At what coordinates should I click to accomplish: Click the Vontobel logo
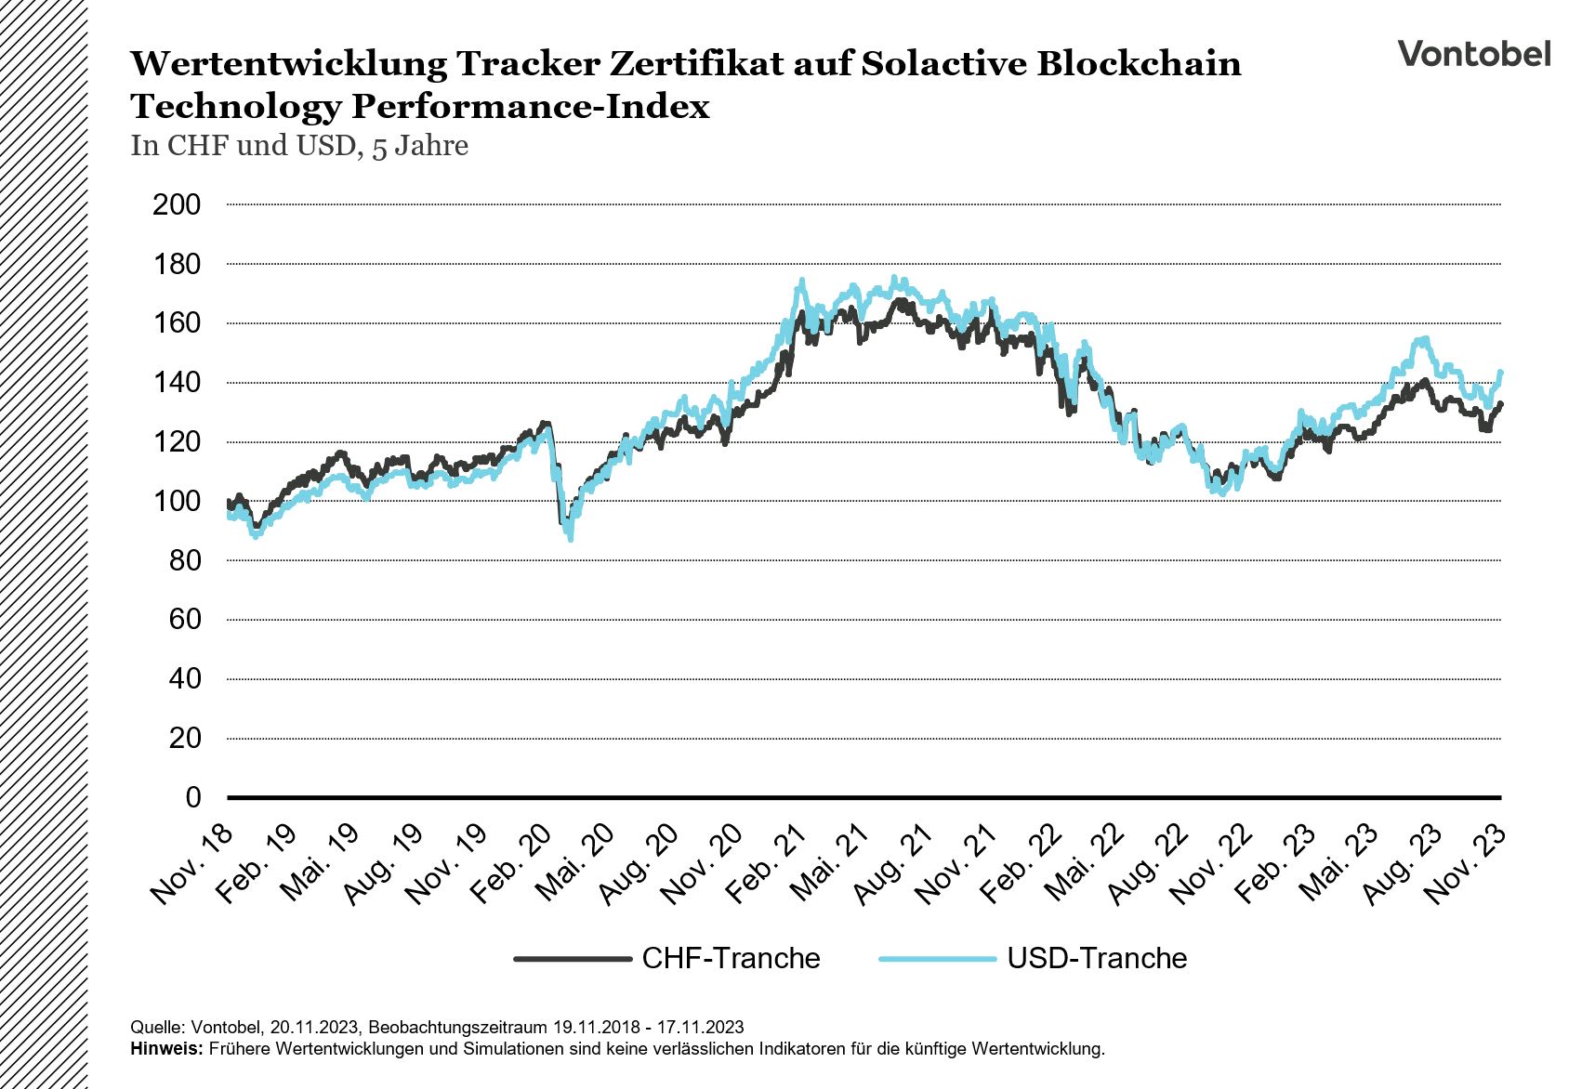pos(1474,53)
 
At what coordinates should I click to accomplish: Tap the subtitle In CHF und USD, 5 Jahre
pos(299,146)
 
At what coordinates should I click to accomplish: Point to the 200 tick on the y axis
pos(177,204)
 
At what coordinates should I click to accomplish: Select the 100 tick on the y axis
pos(177,501)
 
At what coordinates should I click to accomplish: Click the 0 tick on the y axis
pos(192,797)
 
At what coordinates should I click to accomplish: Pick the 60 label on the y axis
pos(184,619)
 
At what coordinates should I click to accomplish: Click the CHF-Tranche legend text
pos(731,958)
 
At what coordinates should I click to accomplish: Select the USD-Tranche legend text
pos(1097,958)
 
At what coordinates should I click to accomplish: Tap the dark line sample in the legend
pos(573,958)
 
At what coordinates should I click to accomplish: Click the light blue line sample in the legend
pos(937,958)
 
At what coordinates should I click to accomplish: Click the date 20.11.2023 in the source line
pos(314,1027)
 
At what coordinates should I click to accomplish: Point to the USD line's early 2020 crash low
pos(570,538)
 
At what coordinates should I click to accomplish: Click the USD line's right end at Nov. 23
pos(1500,373)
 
